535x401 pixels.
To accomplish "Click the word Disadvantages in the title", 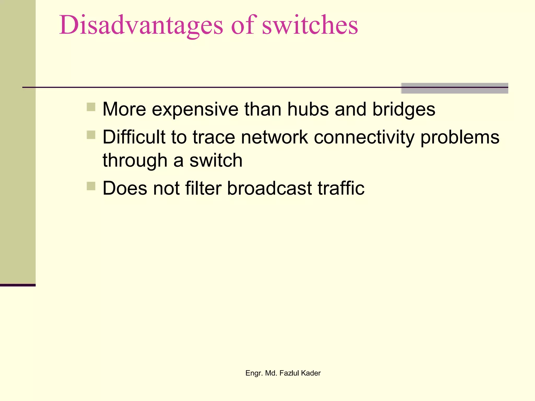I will [141, 26].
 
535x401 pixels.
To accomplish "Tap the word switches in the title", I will [310, 25].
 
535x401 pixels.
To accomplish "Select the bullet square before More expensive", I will [91, 107].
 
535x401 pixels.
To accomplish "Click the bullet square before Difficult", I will [91, 135].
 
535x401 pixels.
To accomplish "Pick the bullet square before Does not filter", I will [91, 186].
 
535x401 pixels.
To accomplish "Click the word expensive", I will [195, 110].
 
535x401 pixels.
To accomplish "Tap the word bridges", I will [404, 110].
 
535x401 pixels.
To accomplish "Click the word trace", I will [214, 138].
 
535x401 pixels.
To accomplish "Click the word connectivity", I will [364, 138].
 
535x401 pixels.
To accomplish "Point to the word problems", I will [460, 138].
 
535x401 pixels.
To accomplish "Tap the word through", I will [135, 161].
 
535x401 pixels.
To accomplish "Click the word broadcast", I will [269, 188].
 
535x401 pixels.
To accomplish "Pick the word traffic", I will [341, 188].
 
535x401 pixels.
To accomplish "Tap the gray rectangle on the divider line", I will [454, 88].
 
